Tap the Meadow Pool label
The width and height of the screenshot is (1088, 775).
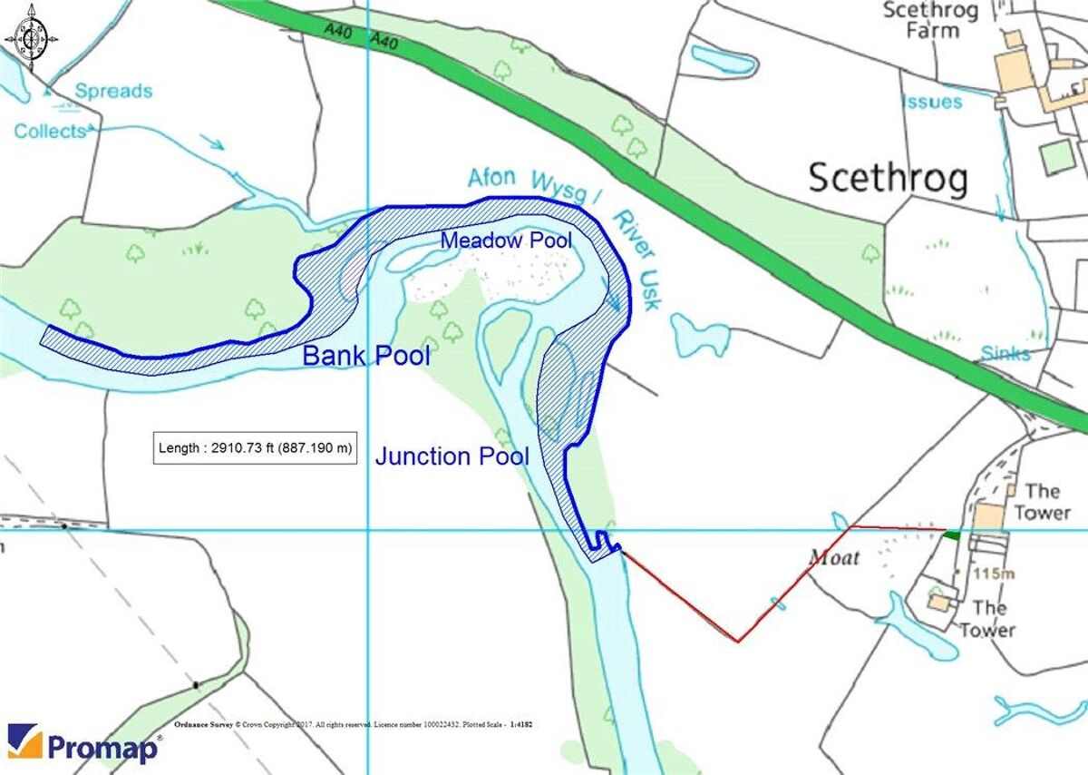pos(506,240)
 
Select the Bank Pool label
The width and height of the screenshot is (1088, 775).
pos(365,356)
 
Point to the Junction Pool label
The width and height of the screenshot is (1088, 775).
pos(452,456)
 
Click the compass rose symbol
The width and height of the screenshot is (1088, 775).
pos(32,38)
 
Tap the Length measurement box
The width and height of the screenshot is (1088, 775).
pos(256,447)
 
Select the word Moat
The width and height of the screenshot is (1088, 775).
pos(833,557)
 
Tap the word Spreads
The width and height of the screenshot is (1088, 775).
pos(113,91)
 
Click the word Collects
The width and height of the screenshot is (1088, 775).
pos(50,132)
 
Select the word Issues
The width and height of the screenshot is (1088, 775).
pos(931,102)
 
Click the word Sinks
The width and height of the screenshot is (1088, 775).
pos(1005,353)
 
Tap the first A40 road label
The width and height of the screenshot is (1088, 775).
pos(338,31)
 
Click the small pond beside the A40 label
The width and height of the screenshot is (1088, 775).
pos(723,59)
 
